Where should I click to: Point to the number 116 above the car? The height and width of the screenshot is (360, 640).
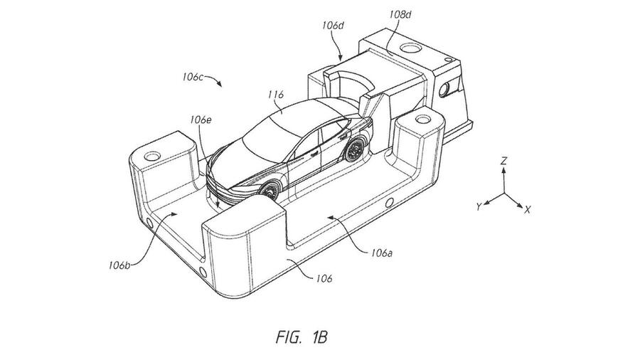pyautogui.click(x=276, y=93)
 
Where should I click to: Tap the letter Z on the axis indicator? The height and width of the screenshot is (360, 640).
pyautogui.click(x=503, y=162)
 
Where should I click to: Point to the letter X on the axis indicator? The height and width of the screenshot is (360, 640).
pyautogui.click(x=528, y=211)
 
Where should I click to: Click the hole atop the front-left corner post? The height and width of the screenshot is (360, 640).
pyautogui.click(x=151, y=154)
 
